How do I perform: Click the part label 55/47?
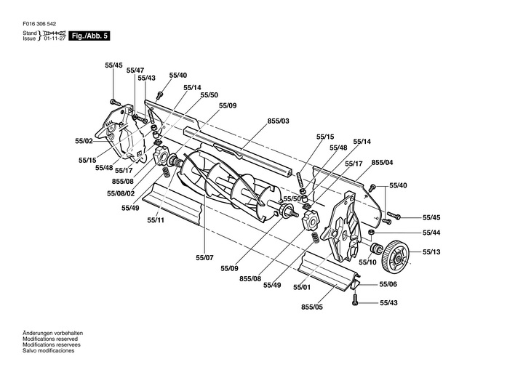pos(135,70)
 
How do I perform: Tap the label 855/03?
pos(279,120)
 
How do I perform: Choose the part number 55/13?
pos(432,252)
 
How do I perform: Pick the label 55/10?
pos(368,262)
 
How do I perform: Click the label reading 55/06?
pos(388,285)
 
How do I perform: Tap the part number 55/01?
pos(302,287)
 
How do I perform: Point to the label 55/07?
pos(205,257)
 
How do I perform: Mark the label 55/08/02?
pos(121,193)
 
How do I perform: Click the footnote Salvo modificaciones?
pos(49,350)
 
